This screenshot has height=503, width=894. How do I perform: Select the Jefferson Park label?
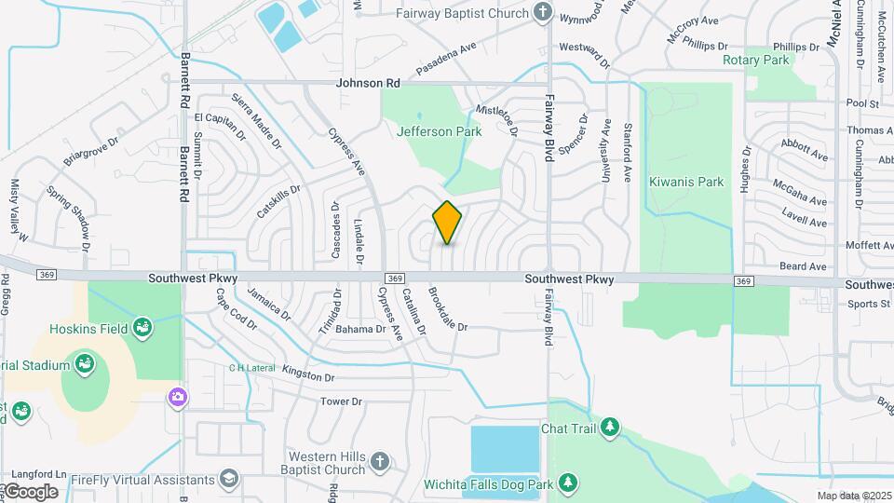pos(439,131)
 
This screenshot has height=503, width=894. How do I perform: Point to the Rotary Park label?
pos(755,60)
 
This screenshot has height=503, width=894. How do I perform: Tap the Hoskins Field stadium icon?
pos(142,326)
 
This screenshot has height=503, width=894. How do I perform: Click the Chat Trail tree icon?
pos(610,428)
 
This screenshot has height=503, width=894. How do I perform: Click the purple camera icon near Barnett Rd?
pos(176,398)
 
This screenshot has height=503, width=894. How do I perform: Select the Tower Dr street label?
pos(340,401)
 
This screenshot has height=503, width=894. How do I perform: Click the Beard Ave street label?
pos(803,266)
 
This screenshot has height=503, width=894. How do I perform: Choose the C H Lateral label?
pos(252,368)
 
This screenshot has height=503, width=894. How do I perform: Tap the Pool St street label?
pos(863,104)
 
